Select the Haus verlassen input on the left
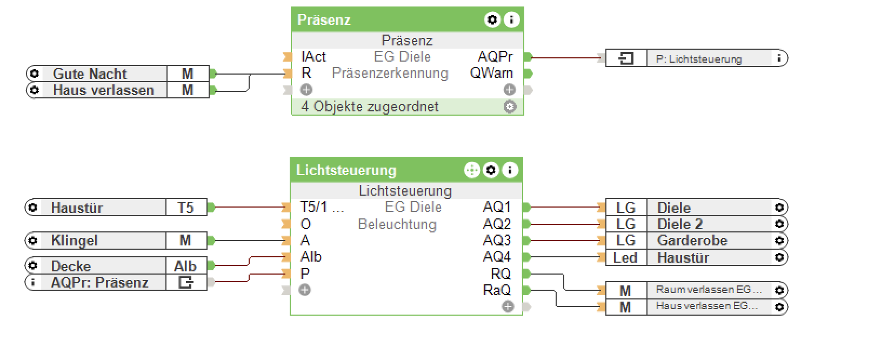(x=103, y=90)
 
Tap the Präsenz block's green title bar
(x=378, y=20)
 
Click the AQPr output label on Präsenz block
(x=495, y=57)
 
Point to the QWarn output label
(x=491, y=73)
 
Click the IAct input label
(x=313, y=57)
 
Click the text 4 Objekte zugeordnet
(x=370, y=106)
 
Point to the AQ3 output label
(x=497, y=241)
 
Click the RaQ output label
(x=497, y=290)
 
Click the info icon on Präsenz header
(x=511, y=20)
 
